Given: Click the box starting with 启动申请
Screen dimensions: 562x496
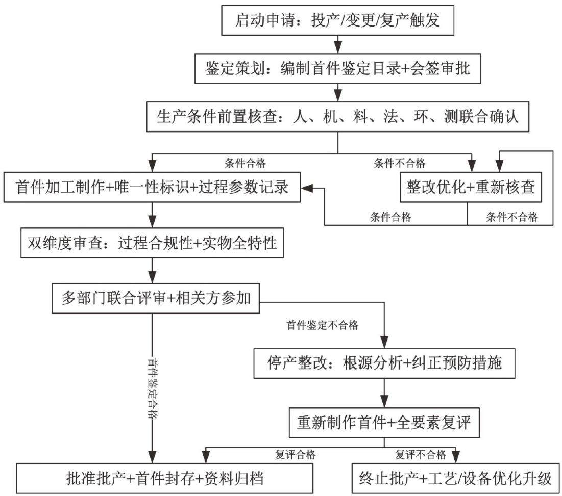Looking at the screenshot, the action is point(337,20).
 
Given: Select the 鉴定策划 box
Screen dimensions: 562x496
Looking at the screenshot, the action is point(337,68).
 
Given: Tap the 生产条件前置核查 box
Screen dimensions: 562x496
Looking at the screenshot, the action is point(337,117).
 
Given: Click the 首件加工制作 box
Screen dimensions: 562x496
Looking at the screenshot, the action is point(152,187).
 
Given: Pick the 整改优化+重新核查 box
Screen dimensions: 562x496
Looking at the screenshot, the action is point(471,187).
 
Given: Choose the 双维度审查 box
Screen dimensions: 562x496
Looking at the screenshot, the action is point(152,243).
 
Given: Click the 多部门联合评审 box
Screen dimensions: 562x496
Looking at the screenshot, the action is point(156,298).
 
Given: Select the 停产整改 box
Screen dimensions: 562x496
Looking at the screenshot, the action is point(384,363).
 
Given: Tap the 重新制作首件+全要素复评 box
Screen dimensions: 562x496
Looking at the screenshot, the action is point(384,423).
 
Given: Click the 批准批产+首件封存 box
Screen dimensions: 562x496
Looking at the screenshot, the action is point(164,479).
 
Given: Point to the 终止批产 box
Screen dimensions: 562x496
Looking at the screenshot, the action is point(455,479).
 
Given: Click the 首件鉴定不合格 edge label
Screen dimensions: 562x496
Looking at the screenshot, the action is point(323,325).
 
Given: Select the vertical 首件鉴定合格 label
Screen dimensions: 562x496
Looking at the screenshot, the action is point(154,388).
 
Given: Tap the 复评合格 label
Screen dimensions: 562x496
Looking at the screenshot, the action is point(296,455).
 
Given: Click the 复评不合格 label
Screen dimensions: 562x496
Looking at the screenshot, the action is point(421,455).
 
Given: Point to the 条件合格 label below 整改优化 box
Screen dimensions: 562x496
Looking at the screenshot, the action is point(390,217).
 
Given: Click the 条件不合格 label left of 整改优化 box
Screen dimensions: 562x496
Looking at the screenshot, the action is point(400,163).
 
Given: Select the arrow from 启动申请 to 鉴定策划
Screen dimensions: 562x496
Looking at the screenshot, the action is point(337,44).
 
